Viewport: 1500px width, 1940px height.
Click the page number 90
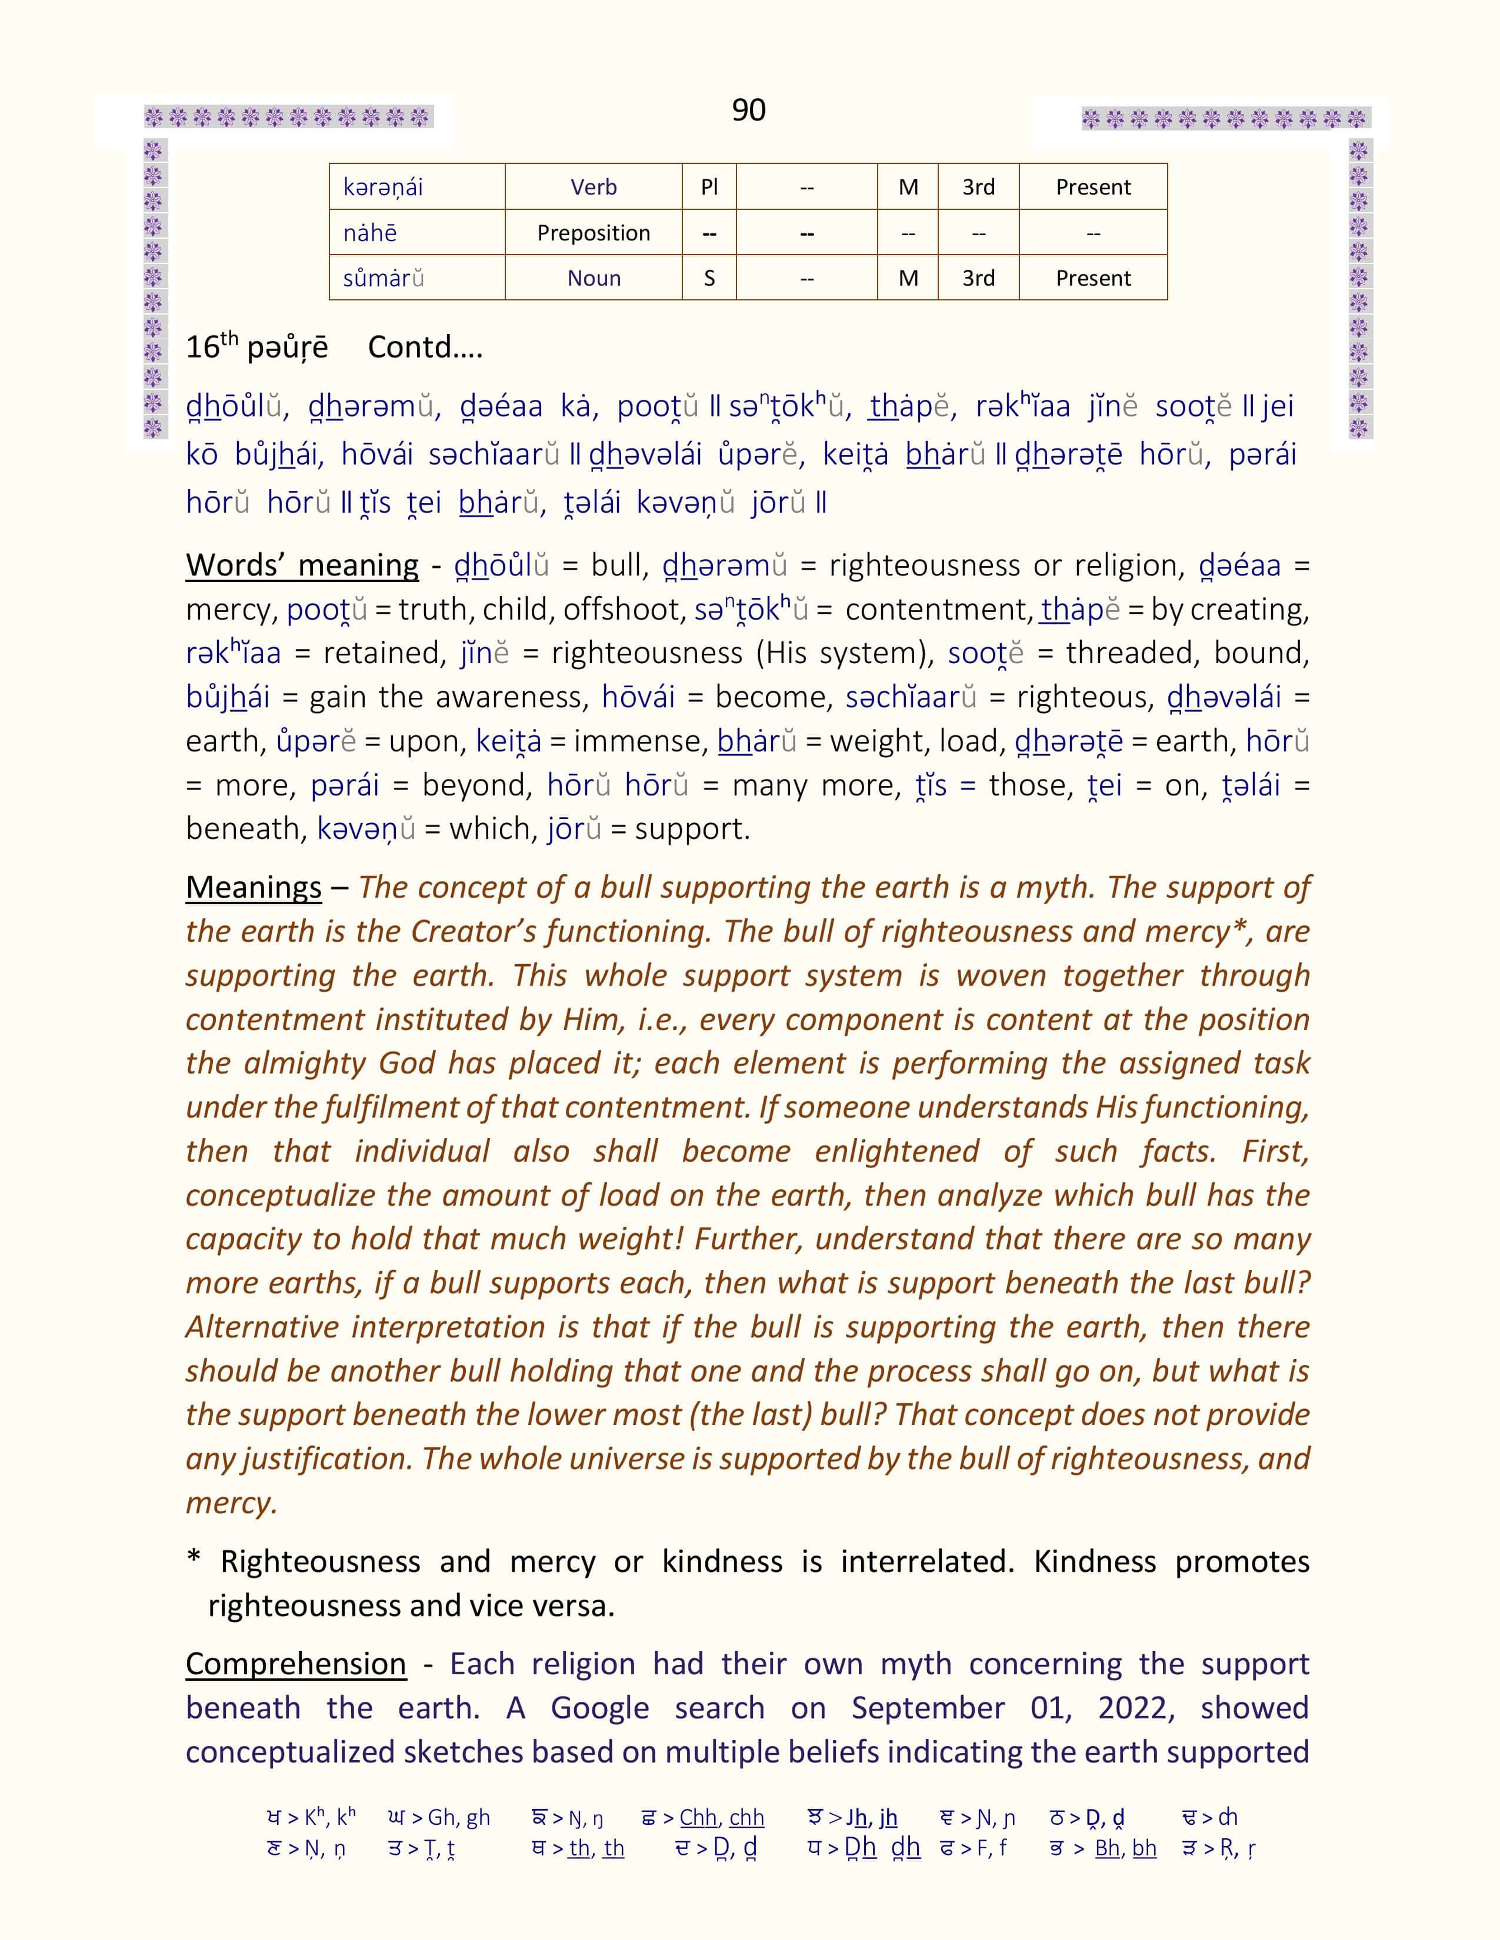pyautogui.click(x=748, y=110)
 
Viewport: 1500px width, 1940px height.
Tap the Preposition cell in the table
pyautogui.click(x=593, y=233)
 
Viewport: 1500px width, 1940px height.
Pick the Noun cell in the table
pyautogui.click(x=594, y=278)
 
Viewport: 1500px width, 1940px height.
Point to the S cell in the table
pyautogui.click(x=709, y=278)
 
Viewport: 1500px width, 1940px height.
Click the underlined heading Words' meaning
pyautogui.click(x=302, y=565)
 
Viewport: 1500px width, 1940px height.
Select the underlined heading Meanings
pyautogui.click(x=254, y=887)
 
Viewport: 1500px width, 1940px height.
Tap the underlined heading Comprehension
pyautogui.click(x=296, y=1664)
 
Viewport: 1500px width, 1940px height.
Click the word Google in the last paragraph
pyautogui.click(x=600, y=1707)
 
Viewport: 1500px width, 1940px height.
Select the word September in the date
pyautogui.click(x=928, y=1707)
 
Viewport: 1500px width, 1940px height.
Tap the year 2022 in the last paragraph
pyautogui.click(x=1136, y=1707)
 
